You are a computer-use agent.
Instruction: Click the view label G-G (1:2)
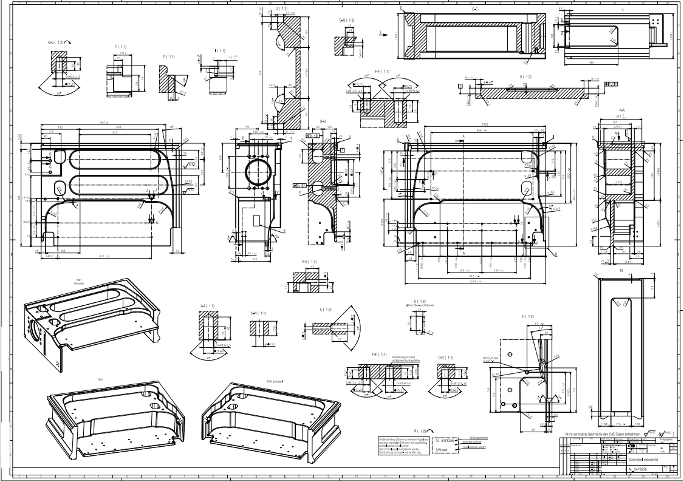(58, 42)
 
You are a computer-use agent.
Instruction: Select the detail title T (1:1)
(119, 46)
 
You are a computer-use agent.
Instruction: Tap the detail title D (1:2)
(281, 8)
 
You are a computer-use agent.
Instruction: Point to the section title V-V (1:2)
(309, 262)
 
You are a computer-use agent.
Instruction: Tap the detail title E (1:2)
(325, 310)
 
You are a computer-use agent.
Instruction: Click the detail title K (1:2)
(525, 77)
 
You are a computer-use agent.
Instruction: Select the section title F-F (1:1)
(382, 72)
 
